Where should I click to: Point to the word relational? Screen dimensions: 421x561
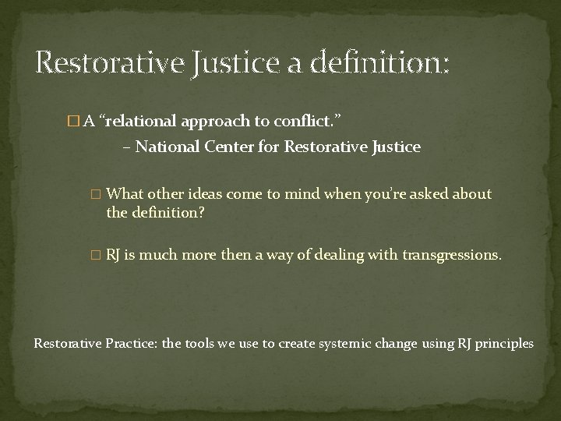click(139, 119)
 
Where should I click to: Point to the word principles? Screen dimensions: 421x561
click(505, 342)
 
